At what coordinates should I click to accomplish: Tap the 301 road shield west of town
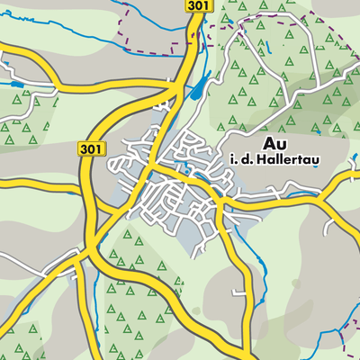click(92, 148)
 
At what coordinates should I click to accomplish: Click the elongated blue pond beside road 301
click(198, 85)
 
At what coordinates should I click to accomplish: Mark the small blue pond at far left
click(15, 85)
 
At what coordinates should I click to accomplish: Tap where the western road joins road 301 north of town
click(174, 88)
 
